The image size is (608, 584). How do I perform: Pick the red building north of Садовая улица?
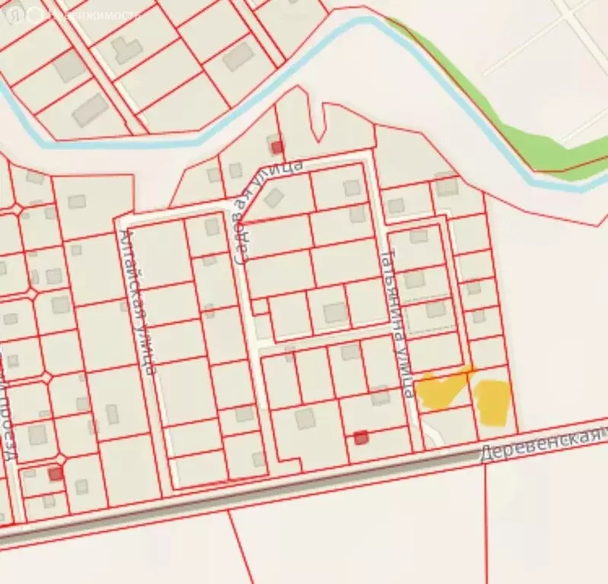click(x=276, y=146)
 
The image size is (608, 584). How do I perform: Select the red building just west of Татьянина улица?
click(x=361, y=436)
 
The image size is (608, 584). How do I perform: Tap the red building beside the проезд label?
click(x=55, y=474)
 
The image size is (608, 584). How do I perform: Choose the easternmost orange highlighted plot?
click(x=493, y=401)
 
